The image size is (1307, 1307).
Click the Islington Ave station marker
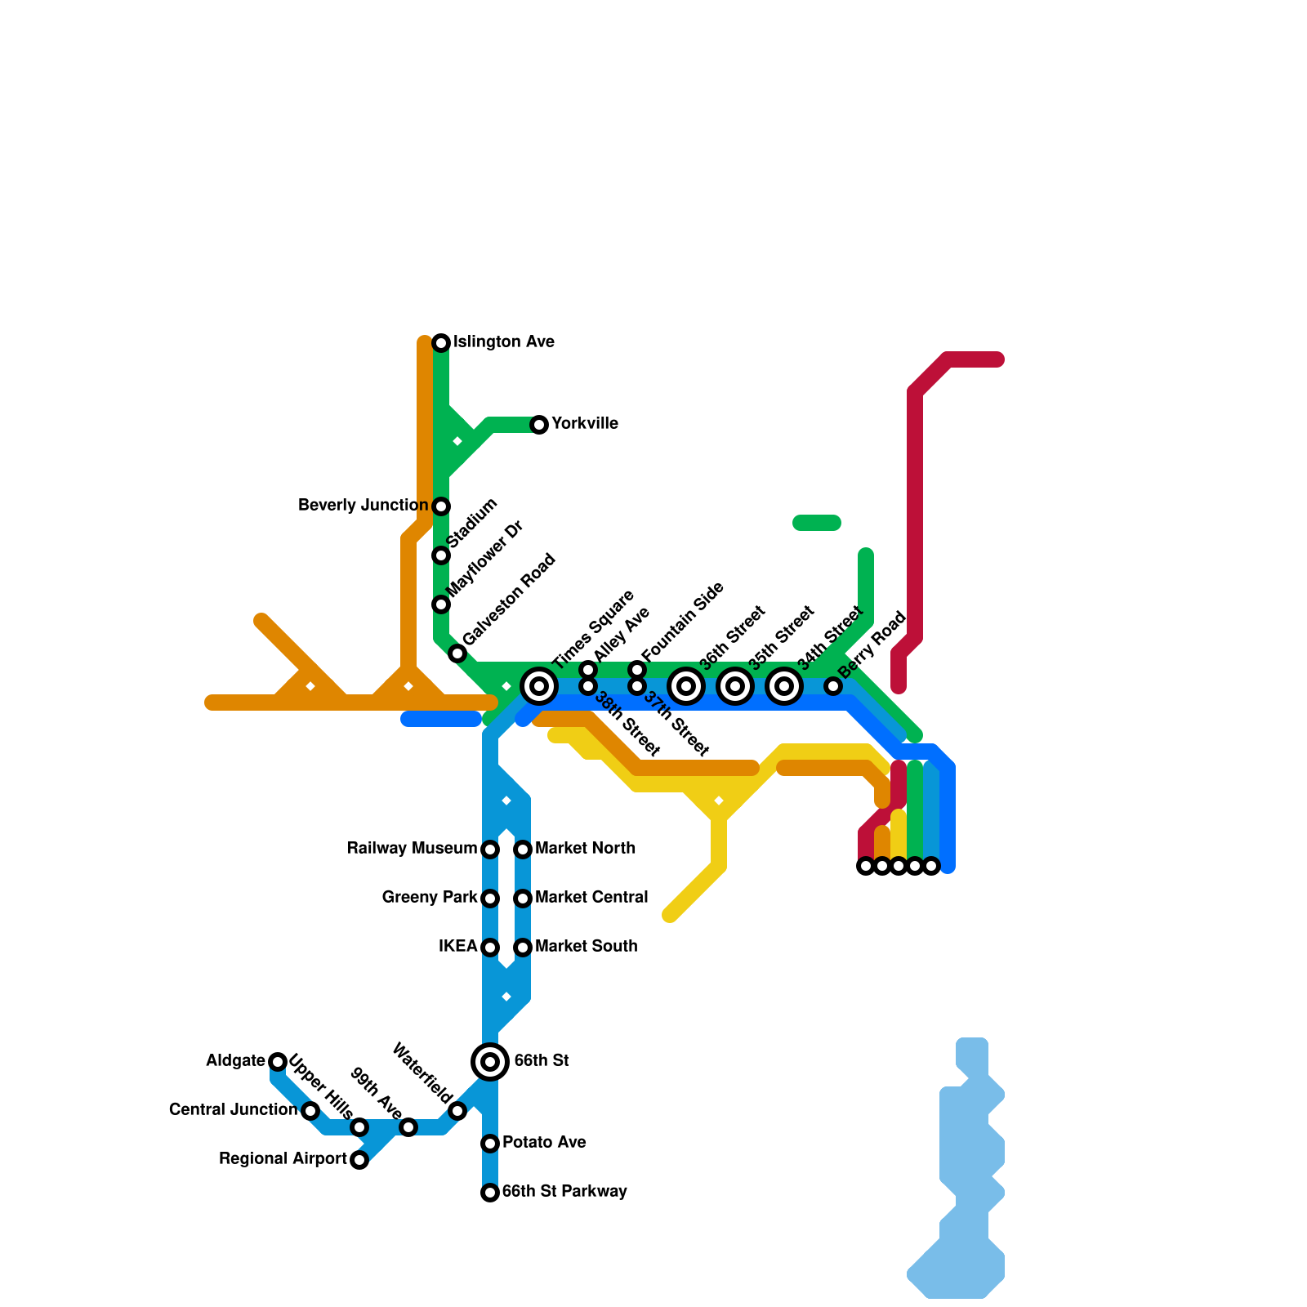tap(441, 342)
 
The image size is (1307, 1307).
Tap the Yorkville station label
tap(584, 424)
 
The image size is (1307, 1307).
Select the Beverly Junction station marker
tap(441, 506)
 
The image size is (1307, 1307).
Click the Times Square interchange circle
tap(539, 686)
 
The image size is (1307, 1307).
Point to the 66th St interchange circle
tap(490, 1061)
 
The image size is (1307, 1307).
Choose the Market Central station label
tap(591, 898)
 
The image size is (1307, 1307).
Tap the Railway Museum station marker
tap(490, 850)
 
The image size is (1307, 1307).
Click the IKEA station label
tap(457, 947)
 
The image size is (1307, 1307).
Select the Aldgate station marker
tap(278, 1061)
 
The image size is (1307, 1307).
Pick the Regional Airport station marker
tap(359, 1160)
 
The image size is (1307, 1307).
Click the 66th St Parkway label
tap(564, 1192)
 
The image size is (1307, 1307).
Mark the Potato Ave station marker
tap(490, 1143)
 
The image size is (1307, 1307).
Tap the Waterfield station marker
tap(457, 1111)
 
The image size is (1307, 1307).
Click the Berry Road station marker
tap(832, 686)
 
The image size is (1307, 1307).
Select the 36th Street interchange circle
tap(686, 686)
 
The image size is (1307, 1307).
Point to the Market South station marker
tap(523, 948)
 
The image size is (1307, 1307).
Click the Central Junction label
tap(233, 1110)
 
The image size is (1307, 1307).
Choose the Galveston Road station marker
tap(457, 653)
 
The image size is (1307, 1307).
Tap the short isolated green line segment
tap(817, 523)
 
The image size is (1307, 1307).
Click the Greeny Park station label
tap(429, 898)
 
